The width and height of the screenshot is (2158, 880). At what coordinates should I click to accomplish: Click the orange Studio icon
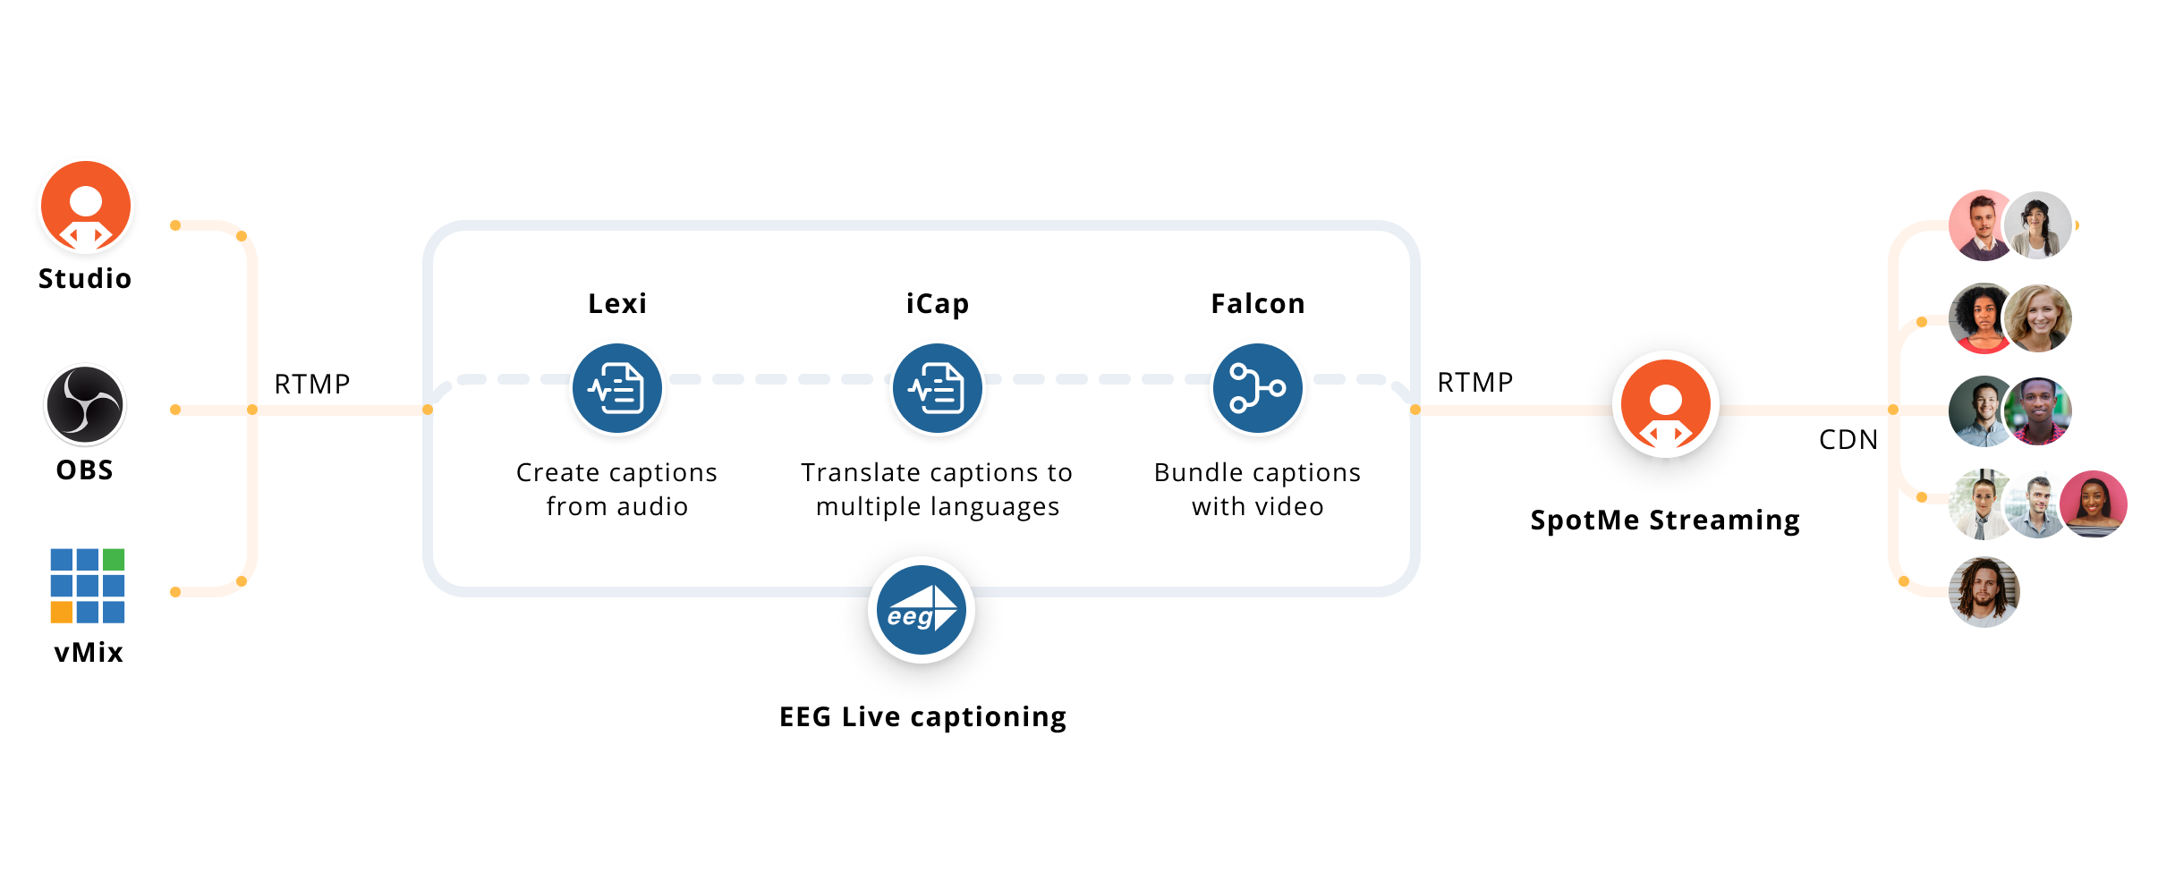click(x=86, y=206)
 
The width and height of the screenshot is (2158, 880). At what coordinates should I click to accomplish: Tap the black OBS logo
click(x=85, y=405)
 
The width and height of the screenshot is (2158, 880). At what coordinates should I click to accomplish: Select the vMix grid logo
click(x=88, y=586)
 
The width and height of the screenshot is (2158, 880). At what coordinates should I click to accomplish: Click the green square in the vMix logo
click(x=114, y=560)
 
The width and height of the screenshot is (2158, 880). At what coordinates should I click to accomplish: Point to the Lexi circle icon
click(x=617, y=388)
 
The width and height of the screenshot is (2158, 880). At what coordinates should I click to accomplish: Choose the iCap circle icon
click(x=938, y=388)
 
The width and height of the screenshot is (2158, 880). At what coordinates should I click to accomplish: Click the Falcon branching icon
click(x=1258, y=388)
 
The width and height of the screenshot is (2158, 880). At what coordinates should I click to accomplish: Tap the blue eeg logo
click(x=922, y=610)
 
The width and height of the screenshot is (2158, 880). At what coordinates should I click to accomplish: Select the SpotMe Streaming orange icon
click(x=1666, y=404)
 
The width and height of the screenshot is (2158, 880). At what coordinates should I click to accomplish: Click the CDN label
click(x=1848, y=439)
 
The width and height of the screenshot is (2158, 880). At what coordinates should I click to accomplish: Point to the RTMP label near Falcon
click(x=1475, y=383)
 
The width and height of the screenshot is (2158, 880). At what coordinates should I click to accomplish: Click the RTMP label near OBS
click(x=312, y=385)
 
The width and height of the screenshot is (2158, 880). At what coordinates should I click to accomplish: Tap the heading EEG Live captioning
click(x=923, y=716)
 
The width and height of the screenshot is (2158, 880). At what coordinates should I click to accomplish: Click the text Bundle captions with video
click(x=1258, y=489)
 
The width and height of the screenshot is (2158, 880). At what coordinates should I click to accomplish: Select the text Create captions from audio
click(x=617, y=489)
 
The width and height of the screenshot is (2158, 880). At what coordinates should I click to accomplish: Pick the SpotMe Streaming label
click(x=1665, y=520)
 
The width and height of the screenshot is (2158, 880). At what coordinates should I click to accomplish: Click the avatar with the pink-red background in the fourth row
click(x=2094, y=504)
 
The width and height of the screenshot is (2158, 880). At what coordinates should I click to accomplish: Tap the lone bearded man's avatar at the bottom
click(x=1984, y=592)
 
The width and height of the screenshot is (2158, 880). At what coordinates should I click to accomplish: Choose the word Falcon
click(x=1258, y=304)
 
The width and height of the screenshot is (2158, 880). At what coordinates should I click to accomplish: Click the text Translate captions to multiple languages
click(x=938, y=489)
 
